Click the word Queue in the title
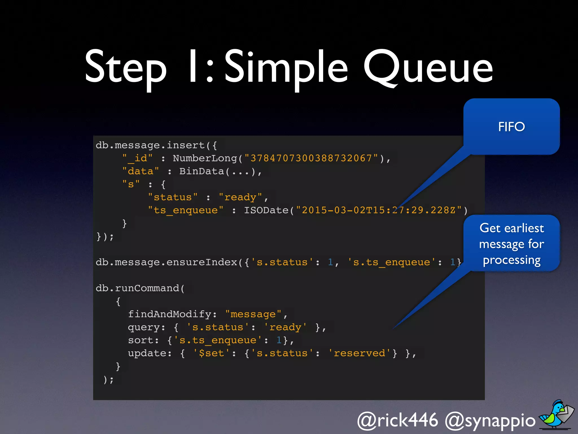(x=428, y=68)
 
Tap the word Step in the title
(x=126, y=68)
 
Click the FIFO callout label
(x=511, y=127)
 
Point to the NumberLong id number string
(x=311, y=158)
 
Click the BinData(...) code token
(x=217, y=171)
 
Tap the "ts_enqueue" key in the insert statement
(x=186, y=210)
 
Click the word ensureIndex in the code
(x=202, y=262)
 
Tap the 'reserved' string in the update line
(x=359, y=353)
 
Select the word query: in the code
(x=146, y=327)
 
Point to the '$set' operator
(x=211, y=353)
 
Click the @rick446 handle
(x=398, y=420)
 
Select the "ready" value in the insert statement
(x=240, y=197)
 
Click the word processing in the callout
(x=511, y=260)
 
